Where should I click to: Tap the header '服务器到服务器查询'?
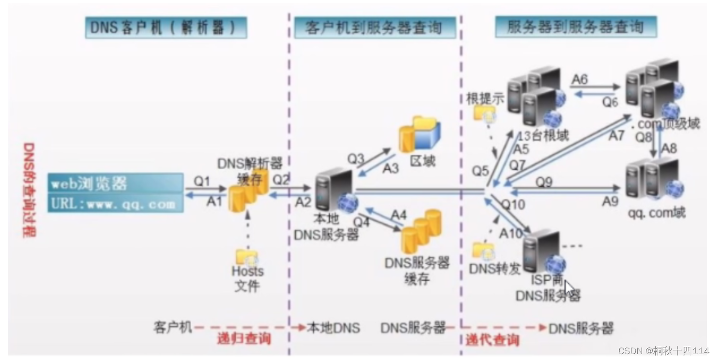[x=575, y=27]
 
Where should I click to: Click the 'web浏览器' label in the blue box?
[x=90, y=184]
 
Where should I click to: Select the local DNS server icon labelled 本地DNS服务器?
[x=335, y=192]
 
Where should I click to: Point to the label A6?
[x=580, y=79]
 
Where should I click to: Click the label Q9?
[x=544, y=182]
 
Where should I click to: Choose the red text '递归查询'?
[x=244, y=339]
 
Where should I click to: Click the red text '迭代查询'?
[x=492, y=340]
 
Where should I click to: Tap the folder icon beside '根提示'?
[x=484, y=114]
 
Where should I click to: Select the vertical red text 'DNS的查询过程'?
[x=29, y=190]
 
